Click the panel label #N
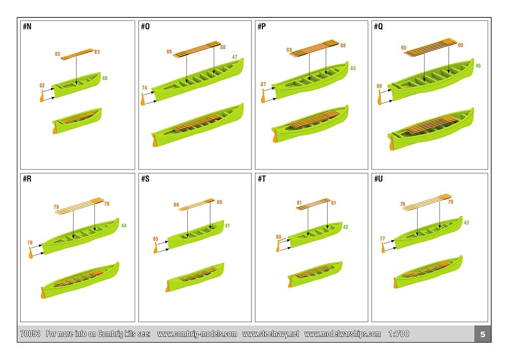[27, 27]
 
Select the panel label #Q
[378, 27]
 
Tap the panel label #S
[145, 179]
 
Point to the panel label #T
[261, 179]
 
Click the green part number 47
[235, 57]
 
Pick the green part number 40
[104, 78]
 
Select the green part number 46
[478, 66]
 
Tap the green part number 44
[124, 226]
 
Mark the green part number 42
[345, 227]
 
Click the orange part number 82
[42, 86]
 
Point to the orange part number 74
[145, 88]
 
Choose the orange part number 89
[379, 87]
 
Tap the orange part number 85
[156, 239]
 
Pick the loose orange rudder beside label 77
[383, 247]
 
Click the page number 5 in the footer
[483, 334]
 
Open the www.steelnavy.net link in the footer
[271, 334]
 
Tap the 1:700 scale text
[399, 334]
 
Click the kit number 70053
[30, 334]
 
